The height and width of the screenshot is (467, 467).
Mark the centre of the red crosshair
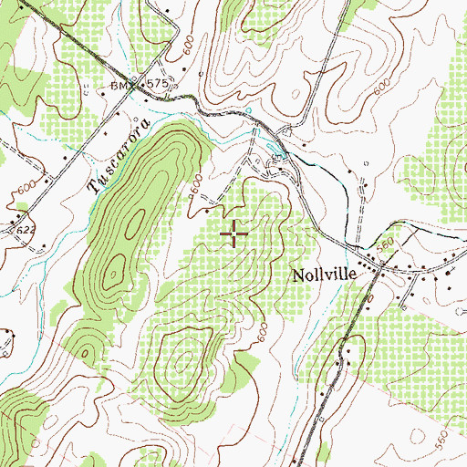pyautogui.click(x=234, y=234)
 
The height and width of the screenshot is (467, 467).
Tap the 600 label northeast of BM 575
pyautogui.click(x=188, y=55)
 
